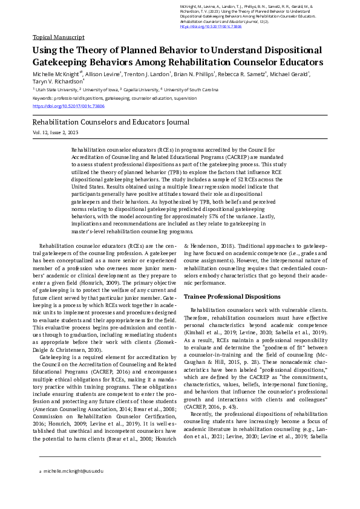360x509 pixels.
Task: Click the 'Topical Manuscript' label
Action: coord(59,37)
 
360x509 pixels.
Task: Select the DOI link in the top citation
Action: coord(203,27)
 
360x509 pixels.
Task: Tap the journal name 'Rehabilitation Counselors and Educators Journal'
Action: coord(111,122)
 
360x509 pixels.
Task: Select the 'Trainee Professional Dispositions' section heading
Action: coord(232,297)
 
